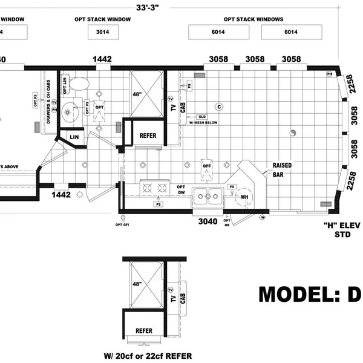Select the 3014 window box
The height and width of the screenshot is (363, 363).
[102, 32]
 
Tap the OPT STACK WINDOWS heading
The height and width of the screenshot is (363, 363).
[254, 19]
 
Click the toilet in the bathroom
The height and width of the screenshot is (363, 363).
[79, 83]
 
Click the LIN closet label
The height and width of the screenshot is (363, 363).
[74, 138]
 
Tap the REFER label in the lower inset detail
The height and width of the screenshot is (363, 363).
[144, 331]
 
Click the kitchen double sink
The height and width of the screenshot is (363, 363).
[208, 194]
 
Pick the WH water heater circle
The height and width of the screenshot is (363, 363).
[245, 197]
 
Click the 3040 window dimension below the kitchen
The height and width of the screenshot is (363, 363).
[207, 221]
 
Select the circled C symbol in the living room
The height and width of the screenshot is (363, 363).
[220, 106]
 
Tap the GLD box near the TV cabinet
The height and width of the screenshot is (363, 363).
[202, 116]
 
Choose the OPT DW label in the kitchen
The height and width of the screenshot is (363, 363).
[180, 191]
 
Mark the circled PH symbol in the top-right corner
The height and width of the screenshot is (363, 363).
[330, 74]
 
